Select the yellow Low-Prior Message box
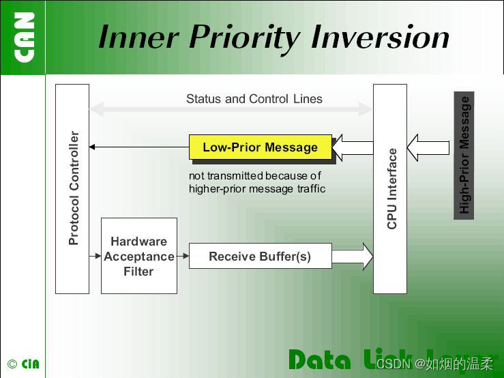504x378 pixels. coord(260,147)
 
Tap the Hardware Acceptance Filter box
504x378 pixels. coord(138,256)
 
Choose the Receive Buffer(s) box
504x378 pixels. coord(260,256)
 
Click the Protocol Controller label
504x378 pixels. coord(73,188)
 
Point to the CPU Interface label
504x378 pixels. coord(391,188)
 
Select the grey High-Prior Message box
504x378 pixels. coord(464,155)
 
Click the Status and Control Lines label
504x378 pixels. coord(254,99)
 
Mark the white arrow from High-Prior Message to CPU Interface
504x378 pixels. coord(428,147)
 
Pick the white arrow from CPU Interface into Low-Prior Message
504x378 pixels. coord(352,147)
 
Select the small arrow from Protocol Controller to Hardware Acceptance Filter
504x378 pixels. coord(95,256)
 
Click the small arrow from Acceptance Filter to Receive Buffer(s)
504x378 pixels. coord(183,256)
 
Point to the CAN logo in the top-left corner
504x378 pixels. coord(24,37)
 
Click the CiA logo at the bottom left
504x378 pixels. coord(29,364)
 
